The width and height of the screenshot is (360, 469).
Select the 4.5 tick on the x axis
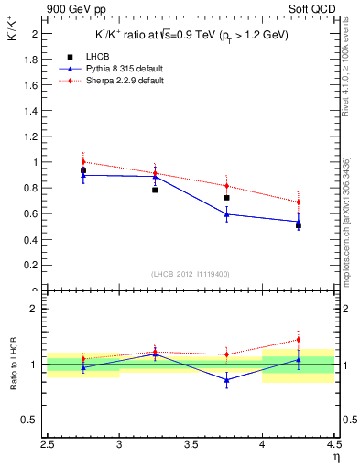click(x=333, y=445)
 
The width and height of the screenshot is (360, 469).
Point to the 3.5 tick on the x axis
click(x=191, y=445)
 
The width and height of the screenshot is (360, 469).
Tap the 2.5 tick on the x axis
click(x=48, y=445)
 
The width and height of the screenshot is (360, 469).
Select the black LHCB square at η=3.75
click(x=226, y=197)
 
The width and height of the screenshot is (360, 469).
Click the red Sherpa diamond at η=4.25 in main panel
click(x=298, y=202)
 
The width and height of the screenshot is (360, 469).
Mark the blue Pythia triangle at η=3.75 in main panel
click(x=226, y=214)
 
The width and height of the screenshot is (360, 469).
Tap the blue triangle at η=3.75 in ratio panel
click(x=226, y=380)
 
